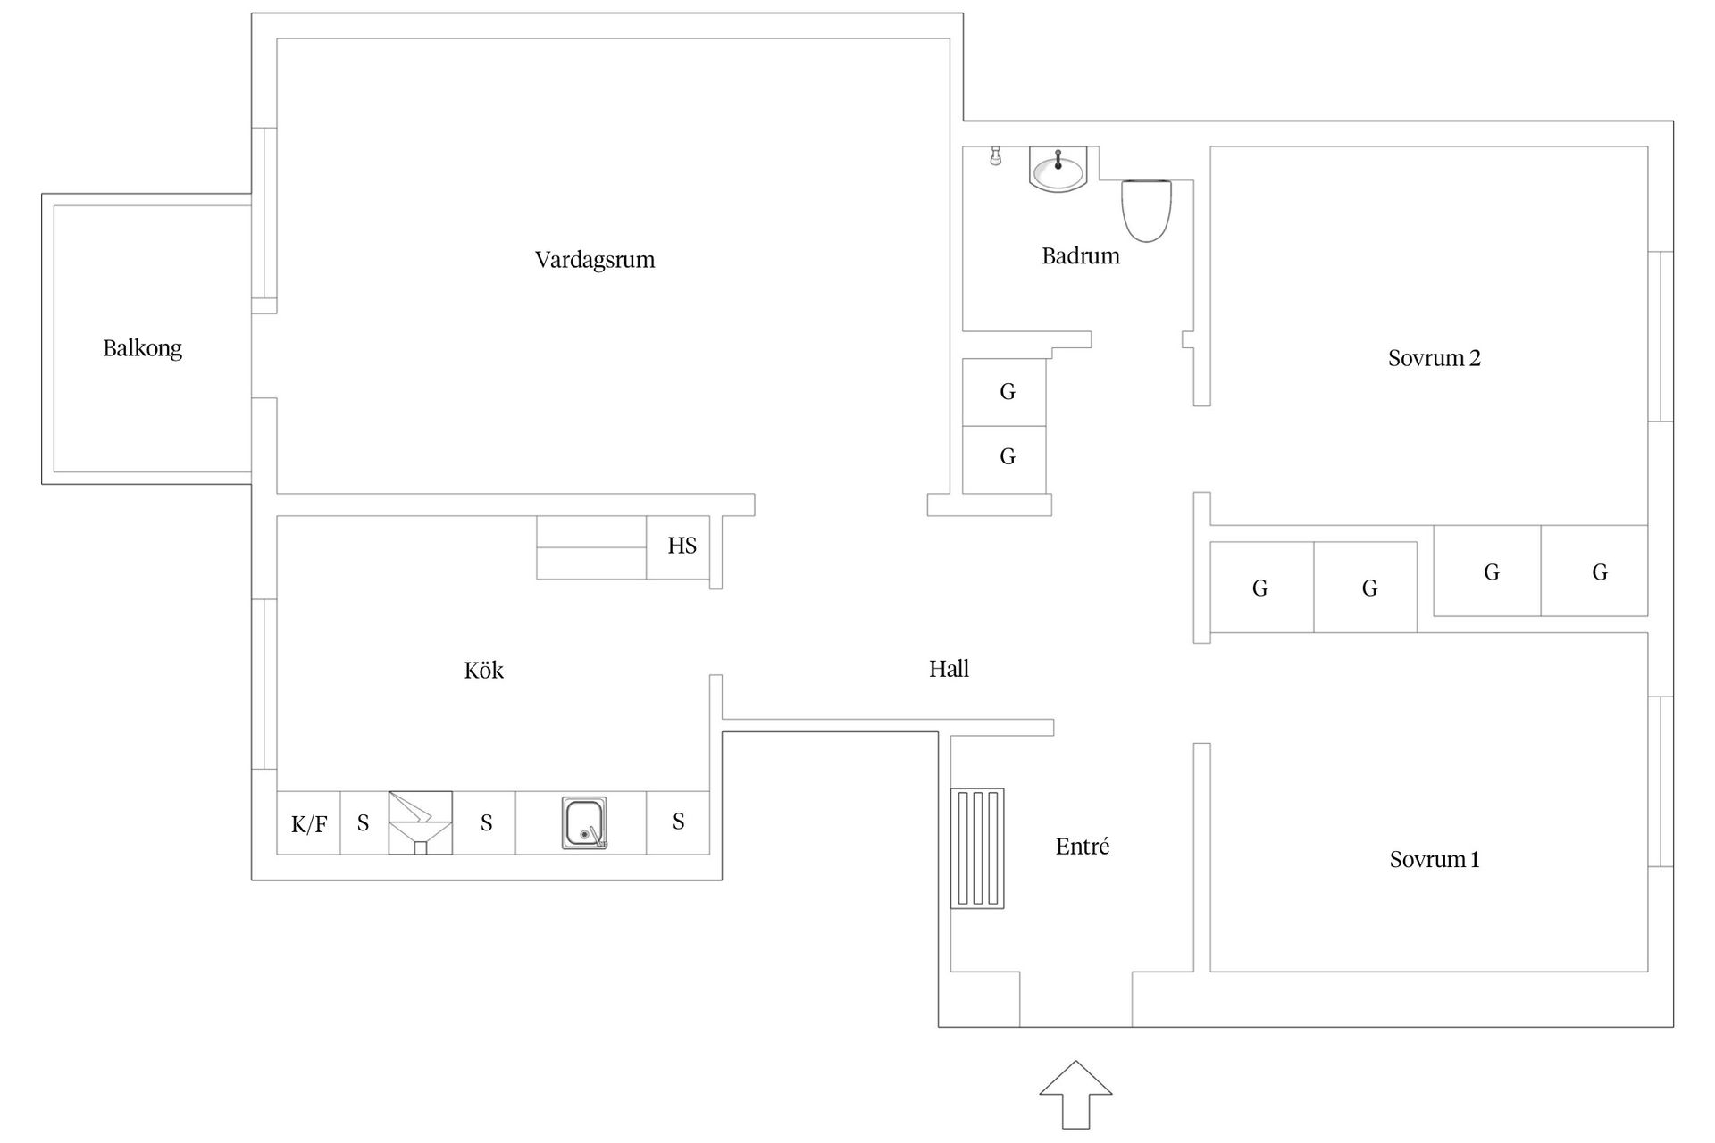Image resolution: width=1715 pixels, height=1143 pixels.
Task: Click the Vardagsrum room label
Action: [x=595, y=260]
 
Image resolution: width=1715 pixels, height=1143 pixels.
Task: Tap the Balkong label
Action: [x=142, y=348]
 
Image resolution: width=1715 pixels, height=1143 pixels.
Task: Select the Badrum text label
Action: [x=1080, y=256]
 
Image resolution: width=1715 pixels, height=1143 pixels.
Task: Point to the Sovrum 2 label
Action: [x=1434, y=358]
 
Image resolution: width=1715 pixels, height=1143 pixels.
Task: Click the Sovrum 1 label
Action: [x=1434, y=860]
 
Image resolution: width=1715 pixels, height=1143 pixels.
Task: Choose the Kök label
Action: [x=483, y=671]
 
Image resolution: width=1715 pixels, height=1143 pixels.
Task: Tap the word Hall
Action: [x=949, y=669]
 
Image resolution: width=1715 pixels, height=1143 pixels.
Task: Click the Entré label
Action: [x=1082, y=847]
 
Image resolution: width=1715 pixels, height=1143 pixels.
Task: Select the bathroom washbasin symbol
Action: [x=1058, y=169]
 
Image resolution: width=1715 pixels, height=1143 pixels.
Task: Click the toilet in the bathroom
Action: [x=1146, y=210]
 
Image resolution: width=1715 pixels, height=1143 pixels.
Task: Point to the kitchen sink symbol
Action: [x=584, y=823]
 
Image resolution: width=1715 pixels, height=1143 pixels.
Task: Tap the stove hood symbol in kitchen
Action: [x=420, y=822]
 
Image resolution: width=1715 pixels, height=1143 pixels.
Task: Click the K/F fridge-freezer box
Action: [x=308, y=823]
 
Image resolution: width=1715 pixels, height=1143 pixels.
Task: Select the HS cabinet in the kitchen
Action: [x=681, y=546]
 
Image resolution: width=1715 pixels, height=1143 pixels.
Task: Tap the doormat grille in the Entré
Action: [x=977, y=848]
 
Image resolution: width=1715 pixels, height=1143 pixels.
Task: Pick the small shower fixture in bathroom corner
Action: [x=995, y=157]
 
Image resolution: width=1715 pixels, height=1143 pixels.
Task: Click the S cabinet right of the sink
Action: [x=678, y=822]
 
